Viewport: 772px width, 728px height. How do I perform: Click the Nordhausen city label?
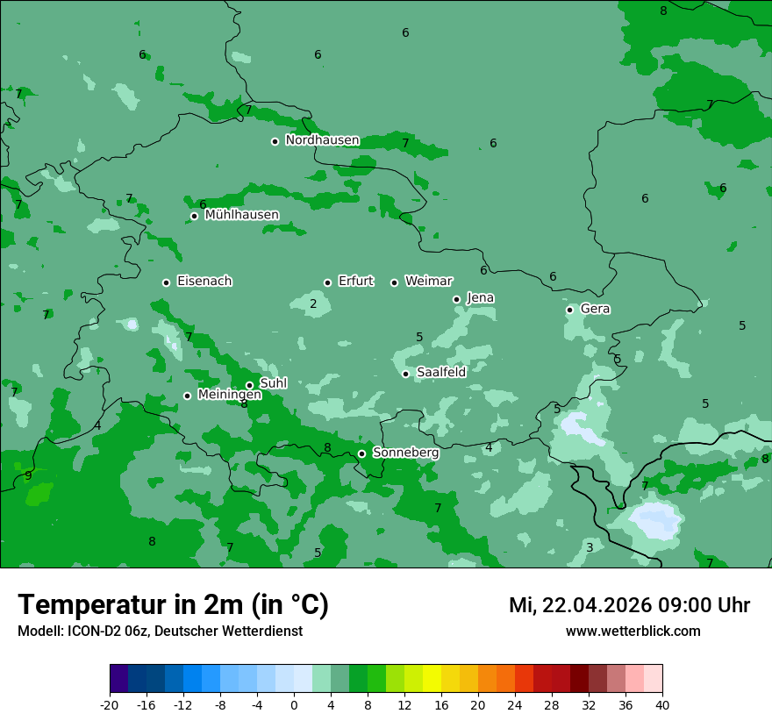pos(322,140)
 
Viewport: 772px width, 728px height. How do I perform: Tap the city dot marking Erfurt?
pos(327,282)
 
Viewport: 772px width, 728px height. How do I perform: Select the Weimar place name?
pos(428,282)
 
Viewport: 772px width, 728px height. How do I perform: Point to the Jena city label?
pos(480,298)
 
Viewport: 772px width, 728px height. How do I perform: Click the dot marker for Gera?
pos(569,310)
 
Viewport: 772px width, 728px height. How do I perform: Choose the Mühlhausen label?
pos(241,215)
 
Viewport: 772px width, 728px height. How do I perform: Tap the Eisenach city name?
pos(204,282)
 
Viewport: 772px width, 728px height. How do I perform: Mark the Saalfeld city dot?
pos(405,374)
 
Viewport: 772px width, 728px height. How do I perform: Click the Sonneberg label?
pos(405,453)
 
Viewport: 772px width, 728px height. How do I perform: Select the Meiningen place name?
pos(229,396)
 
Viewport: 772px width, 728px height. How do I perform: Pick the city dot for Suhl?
pos(249,385)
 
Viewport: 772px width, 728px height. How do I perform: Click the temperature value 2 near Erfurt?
pos(313,304)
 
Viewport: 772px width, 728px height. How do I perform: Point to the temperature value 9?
pos(28,476)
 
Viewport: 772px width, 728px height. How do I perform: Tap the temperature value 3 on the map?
pos(590,547)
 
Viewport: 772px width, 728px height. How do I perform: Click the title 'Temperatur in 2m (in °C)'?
pos(173,605)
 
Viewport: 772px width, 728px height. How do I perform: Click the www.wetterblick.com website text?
pos(633,632)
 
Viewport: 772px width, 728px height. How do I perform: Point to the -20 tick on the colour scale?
pos(110,704)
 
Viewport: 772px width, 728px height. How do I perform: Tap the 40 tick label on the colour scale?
pos(661,704)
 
